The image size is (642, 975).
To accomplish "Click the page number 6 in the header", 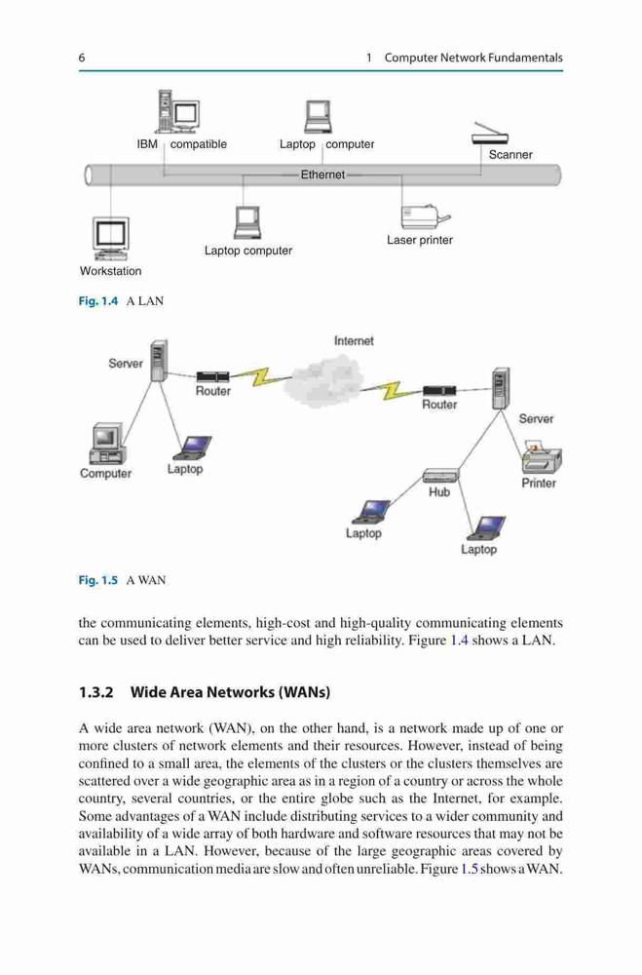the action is pyautogui.click(x=82, y=58).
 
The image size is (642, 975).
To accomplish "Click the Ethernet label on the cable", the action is pyautogui.click(x=322, y=175).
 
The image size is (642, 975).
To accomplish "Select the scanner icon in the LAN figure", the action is pyautogui.click(x=490, y=134).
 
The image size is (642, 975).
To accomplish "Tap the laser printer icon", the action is pyautogui.click(x=425, y=217).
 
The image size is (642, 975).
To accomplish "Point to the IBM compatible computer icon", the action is pyautogui.click(x=177, y=112).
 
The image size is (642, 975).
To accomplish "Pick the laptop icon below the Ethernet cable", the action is pyautogui.click(x=247, y=222).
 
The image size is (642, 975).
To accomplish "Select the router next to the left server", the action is pyautogui.click(x=212, y=376).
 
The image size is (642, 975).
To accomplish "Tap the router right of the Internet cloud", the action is pyautogui.click(x=439, y=391).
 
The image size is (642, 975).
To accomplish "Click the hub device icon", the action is pyautogui.click(x=440, y=476).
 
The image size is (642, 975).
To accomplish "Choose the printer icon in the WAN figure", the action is pyautogui.click(x=542, y=459).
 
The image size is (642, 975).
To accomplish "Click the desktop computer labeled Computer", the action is pyautogui.click(x=105, y=444).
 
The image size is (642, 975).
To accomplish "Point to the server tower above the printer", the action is pyautogui.click(x=501, y=389).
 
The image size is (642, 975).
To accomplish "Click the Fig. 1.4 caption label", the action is pyautogui.click(x=97, y=301).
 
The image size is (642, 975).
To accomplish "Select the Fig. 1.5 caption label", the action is pyautogui.click(x=97, y=580).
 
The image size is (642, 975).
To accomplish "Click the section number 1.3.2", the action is pyautogui.click(x=96, y=692).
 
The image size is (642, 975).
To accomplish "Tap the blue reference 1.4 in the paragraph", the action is pyautogui.click(x=459, y=641).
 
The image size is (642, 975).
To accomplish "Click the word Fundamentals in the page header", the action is pyautogui.click(x=525, y=58).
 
